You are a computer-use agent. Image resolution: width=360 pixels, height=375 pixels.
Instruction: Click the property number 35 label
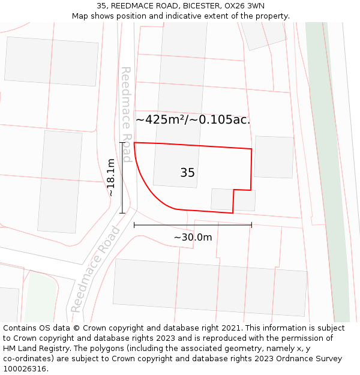(x=187, y=173)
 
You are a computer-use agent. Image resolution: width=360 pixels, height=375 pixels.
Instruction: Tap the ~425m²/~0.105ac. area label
(x=193, y=119)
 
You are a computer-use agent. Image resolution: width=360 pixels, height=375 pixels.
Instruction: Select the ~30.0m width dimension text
(x=193, y=237)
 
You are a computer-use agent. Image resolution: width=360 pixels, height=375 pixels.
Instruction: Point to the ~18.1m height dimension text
(x=111, y=178)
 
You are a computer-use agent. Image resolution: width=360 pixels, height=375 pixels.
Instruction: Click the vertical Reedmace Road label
(x=126, y=114)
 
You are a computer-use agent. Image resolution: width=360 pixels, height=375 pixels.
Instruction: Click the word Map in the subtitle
(x=80, y=16)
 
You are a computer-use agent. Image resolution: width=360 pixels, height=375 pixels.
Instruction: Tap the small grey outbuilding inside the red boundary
(x=222, y=199)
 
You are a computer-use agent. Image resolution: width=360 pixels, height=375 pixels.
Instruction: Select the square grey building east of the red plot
(x=274, y=157)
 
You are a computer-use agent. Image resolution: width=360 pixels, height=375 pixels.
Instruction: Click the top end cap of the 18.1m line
(x=122, y=143)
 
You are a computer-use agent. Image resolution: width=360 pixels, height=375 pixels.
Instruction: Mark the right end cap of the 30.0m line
(x=251, y=225)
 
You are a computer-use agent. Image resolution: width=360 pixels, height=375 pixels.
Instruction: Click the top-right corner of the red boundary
(x=251, y=149)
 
